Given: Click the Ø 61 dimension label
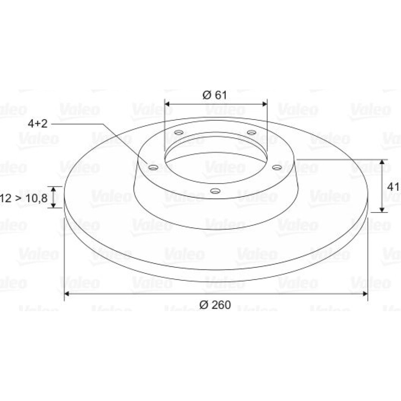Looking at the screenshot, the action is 215,95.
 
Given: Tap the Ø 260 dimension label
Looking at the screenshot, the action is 215,305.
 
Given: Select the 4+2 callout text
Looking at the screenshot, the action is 38,124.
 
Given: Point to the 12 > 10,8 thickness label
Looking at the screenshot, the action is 24,198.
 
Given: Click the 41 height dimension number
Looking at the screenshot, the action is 393,187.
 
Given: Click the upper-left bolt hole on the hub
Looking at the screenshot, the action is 179,132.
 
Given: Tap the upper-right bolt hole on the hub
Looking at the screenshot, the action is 252,132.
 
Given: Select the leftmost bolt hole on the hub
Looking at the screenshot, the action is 153,168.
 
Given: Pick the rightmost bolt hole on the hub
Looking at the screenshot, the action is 277,168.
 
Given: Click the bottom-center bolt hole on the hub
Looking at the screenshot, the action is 215,191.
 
